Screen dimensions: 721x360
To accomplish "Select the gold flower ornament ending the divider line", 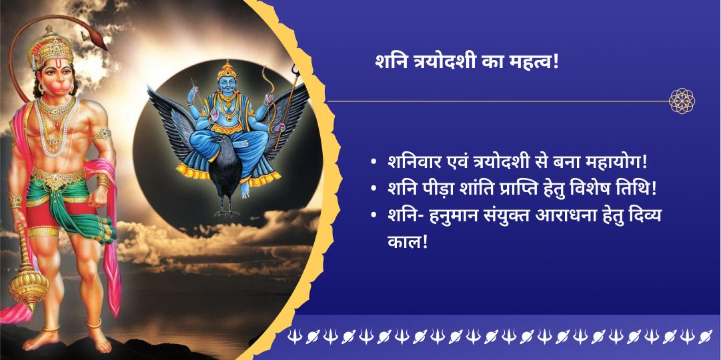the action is tap(682, 101).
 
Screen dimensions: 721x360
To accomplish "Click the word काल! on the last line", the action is tap(408, 241).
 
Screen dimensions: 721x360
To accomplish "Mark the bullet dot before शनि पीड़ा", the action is tap(374, 189).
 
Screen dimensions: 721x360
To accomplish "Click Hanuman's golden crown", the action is tap(50, 47).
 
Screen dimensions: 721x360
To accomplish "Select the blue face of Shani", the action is tap(226, 85).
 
